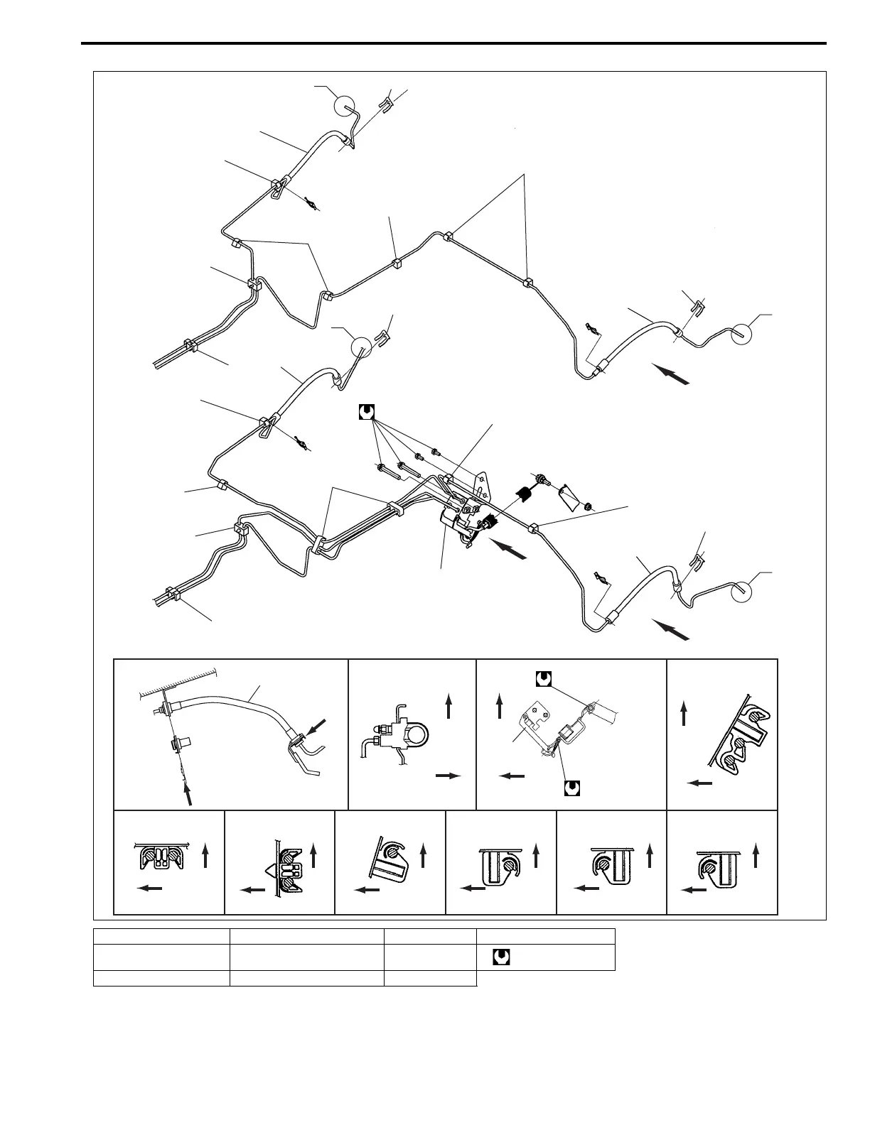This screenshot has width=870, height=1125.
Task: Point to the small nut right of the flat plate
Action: pos(589,506)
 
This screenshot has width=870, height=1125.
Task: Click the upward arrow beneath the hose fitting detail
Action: pos(188,793)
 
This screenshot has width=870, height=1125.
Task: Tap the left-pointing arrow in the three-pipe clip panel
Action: pos(700,783)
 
